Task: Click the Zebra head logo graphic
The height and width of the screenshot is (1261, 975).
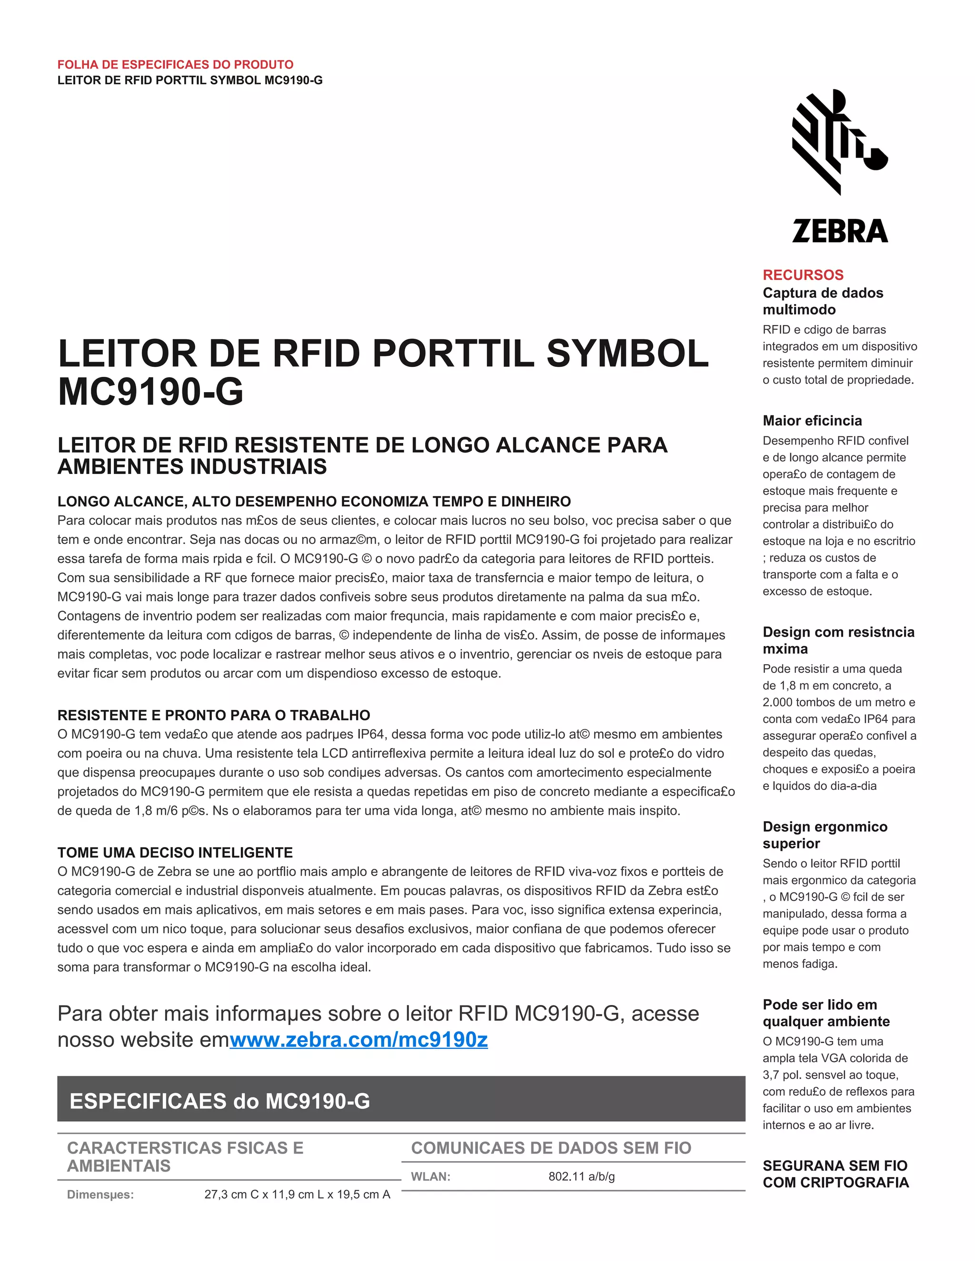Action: point(839,141)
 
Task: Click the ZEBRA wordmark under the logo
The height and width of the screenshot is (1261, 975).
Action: point(840,230)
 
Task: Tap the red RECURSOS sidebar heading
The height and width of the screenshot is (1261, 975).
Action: point(803,275)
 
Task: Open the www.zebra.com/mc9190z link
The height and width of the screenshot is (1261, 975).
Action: point(358,1040)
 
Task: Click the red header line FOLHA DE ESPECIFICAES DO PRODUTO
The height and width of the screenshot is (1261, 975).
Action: point(175,65)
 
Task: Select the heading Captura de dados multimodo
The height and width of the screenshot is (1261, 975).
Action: point(823,301)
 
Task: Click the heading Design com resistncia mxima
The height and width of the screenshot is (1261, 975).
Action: point(838,640)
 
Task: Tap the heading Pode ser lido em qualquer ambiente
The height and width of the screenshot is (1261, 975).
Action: point(826,1013)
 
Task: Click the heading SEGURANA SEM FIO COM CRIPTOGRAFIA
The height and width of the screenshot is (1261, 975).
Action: point(835,1174)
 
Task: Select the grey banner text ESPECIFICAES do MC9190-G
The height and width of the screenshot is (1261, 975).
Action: point(219,1101)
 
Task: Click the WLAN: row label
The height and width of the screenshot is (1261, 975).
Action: point(430,1176)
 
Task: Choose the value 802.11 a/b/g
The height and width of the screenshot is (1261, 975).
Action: point(581,1176)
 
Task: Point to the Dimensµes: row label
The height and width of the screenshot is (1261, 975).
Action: point(100,1194)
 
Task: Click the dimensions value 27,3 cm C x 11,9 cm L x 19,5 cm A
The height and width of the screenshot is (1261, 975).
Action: point(297,1194)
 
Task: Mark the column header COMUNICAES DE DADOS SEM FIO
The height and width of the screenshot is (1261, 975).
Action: point(550,1148)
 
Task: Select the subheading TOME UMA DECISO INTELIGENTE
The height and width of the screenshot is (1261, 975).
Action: point(175,852)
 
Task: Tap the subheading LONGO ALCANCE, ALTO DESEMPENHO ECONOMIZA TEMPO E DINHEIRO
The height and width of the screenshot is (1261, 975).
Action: point(314,501)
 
